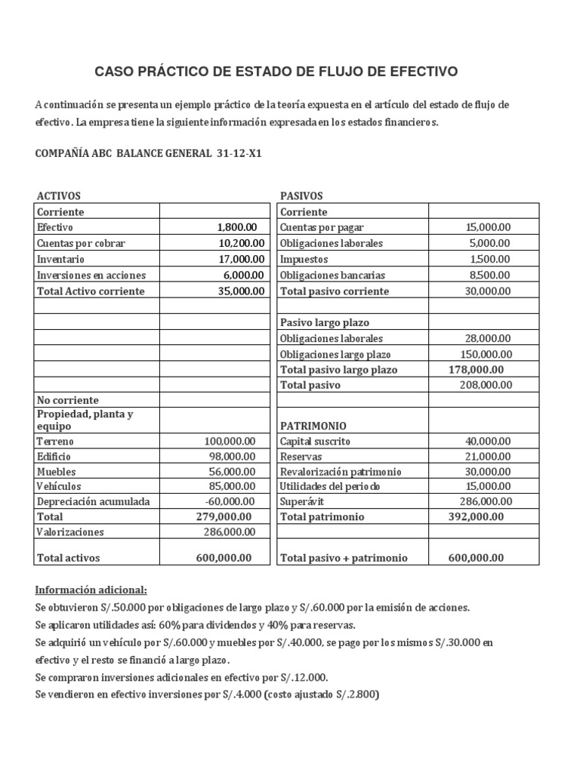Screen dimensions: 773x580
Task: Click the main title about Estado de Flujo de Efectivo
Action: pos(276,72)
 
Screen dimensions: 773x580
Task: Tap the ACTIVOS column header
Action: pos(59,196)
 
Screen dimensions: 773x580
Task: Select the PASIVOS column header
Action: pos(301,196)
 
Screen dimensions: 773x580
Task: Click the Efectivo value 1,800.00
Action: pos(236,226)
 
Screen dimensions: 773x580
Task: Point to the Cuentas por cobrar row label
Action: pos(81,243)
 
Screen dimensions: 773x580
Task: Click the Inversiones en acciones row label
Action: pos(91,276)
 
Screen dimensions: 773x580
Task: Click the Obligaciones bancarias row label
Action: pos(332,276)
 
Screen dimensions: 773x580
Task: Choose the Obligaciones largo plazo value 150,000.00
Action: pos(486,354)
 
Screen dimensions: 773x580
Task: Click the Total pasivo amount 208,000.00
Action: pos(486,385)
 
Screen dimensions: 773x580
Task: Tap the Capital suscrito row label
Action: pos(315,441)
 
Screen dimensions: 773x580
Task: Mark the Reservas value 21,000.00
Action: pos(488,457)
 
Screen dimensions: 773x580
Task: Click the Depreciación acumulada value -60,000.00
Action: pos(230,501)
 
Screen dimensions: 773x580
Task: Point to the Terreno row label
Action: pos(55,441)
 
